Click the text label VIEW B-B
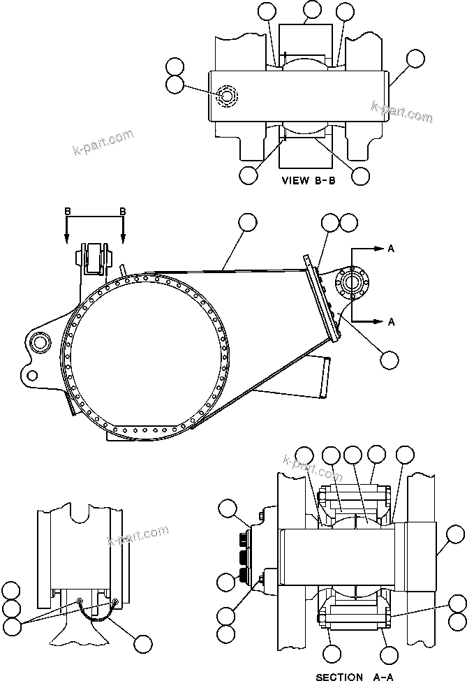tap(308, 180)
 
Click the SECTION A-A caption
tap(348, 676)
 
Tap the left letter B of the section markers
tap(67, 211)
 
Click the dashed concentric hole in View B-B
tap(227, 96)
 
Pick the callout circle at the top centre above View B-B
tap(312, 10)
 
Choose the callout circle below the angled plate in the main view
tap(389, 359)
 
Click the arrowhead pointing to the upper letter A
tap(379, 249)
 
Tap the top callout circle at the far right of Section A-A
tap(453, 535)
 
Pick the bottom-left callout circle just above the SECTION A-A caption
tap(334, 654)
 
